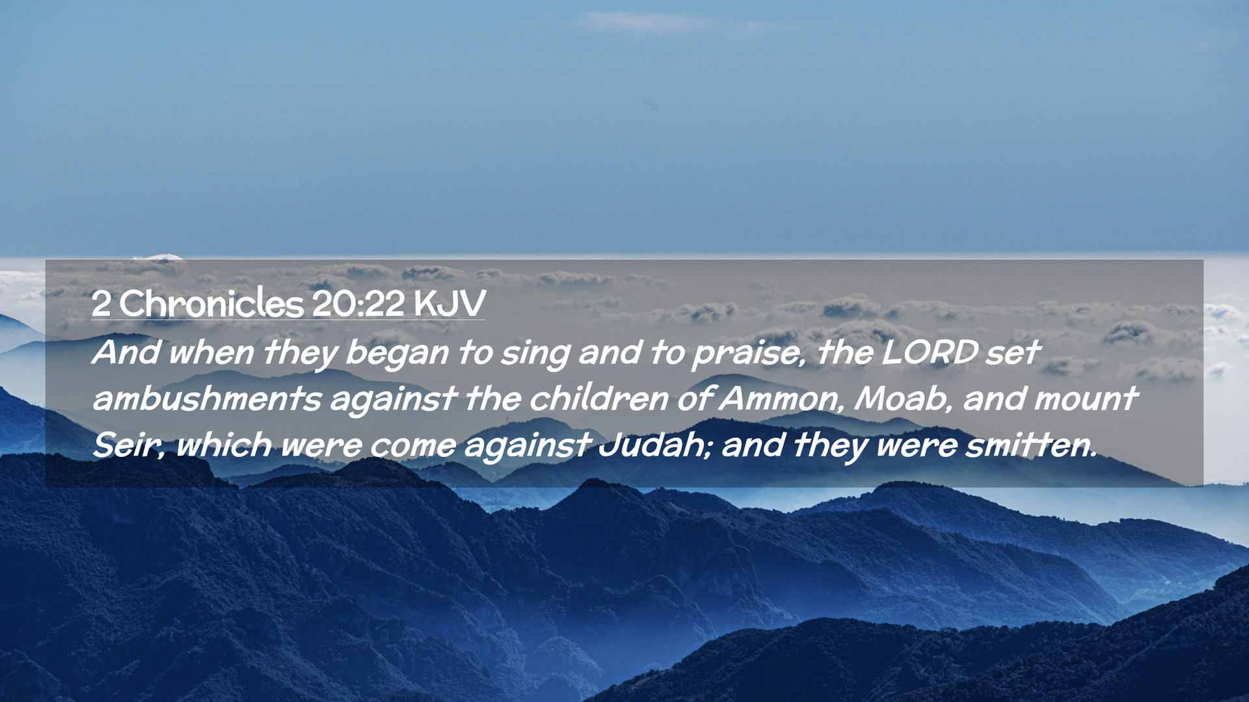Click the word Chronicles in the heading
211,303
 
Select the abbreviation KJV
449,304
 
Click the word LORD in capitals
930,352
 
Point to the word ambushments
207,398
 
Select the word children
599,398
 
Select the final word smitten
1031,446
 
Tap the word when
211,352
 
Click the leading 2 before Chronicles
101,304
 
